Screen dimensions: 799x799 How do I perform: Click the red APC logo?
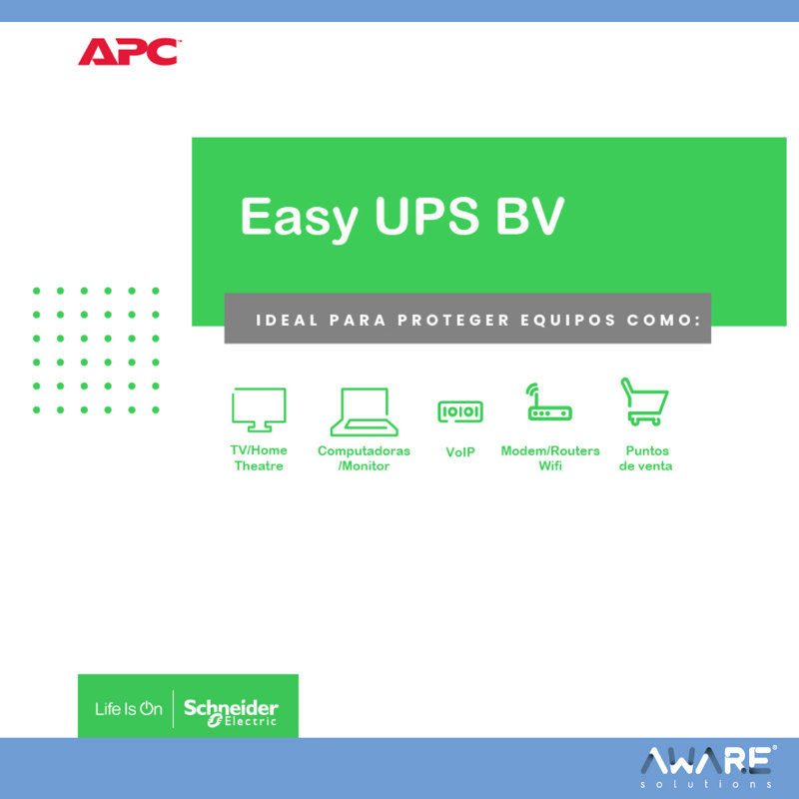point(129,52)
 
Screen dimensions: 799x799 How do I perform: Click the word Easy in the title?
point(298,217)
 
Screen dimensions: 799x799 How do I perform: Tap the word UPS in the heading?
point(427,216)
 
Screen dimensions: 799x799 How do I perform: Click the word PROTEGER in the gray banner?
point(453,320)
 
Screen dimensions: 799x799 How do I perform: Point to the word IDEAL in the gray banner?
point(287,320)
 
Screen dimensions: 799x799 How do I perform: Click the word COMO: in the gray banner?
point(664,320)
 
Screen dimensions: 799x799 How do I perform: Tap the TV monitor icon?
point(259,409)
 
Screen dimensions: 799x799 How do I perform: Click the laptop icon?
point(364,411)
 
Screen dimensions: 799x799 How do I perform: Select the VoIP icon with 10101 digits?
point(460,411)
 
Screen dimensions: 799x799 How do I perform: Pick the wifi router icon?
point(549,402)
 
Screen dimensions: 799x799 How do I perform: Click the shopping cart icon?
point(644,401)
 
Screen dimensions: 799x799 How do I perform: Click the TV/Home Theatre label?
point(259,457)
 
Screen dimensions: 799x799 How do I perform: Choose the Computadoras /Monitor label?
point(364,458)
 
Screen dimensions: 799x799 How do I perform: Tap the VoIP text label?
point(460,452)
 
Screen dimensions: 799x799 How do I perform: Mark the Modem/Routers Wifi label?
point(550,458)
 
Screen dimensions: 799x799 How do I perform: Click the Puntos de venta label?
point(645,458)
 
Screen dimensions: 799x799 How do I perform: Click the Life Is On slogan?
point(129,709)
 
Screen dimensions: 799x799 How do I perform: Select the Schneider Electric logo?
point(231,712)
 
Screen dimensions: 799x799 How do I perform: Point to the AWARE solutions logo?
point(708,767)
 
